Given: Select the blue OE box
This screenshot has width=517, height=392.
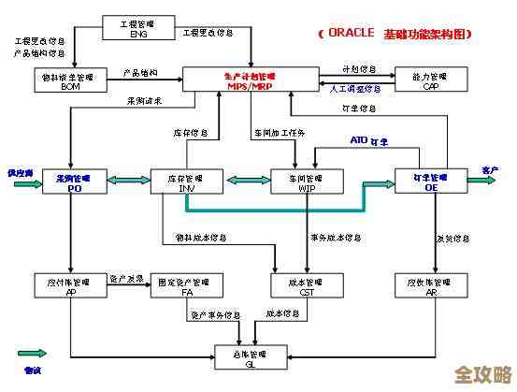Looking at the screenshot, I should (x=429, y=181).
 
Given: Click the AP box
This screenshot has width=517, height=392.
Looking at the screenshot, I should (x=70, y=285).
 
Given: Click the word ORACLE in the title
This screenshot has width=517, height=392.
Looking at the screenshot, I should (x=350, y=34).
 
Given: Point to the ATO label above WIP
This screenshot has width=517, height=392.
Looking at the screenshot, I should (x=358, y=140).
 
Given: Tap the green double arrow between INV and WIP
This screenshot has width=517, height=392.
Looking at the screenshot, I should (x=243, y=179).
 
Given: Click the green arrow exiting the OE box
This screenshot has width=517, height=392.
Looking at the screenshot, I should (x=480, y=180).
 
